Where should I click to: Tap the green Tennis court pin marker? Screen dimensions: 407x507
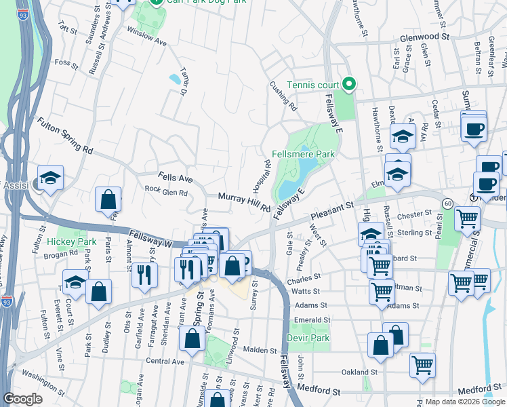[x=350, y=84]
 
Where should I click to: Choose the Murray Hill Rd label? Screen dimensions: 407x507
[x=245, y=201]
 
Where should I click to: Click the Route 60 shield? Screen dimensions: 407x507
[x=447, y=203]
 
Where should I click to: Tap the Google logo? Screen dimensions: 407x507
[x=22, y=398]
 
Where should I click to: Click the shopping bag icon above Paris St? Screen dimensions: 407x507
[x=108, y=200]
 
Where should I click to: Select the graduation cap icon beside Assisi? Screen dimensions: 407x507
[x=50, y=178]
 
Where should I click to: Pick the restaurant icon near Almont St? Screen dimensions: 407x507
[x=144, y=275]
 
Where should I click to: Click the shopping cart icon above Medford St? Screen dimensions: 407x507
[x=423, y=366]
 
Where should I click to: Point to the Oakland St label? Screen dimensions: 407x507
[x=359, y=372]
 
